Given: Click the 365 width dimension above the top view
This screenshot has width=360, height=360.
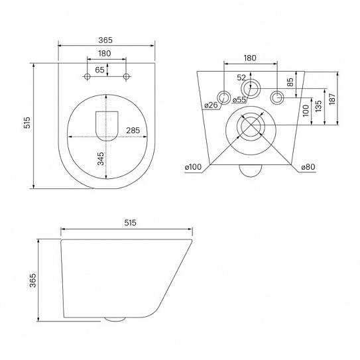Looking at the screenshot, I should (x=107, y=40).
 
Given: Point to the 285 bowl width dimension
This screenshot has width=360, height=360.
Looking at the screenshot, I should (x=133, y=130).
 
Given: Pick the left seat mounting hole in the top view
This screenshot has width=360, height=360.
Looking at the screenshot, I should (x=87, y=78).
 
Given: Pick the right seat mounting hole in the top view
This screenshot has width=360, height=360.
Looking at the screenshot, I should (x=127, y=78).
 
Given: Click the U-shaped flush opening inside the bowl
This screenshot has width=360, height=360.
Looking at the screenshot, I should (x=106, y=125).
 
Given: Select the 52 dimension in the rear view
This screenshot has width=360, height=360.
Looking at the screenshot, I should (x=241, y=78).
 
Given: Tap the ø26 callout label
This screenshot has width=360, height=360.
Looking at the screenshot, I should (x=211, y=105).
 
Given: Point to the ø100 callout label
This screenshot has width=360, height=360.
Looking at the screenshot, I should (x=194, y=167).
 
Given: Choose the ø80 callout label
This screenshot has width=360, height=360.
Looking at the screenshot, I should (x=307, y=167).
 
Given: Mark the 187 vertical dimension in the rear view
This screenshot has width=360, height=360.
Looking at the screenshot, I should (x=332, y=98).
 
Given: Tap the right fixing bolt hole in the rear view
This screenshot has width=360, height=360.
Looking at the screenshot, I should (x=278, y=98).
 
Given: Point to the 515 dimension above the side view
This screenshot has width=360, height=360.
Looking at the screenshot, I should (x=129, y=223).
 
